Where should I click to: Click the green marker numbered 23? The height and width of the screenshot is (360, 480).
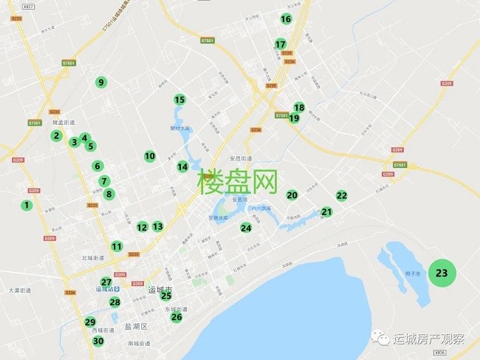click(442, 273)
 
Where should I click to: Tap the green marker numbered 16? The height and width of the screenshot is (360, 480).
click(286, 19)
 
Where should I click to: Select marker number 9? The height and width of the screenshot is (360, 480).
click(101, 82)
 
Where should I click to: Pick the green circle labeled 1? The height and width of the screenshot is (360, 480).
click(27, 205)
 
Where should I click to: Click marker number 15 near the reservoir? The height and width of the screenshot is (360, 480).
click(179, 100)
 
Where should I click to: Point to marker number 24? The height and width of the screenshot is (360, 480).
click(246, 228)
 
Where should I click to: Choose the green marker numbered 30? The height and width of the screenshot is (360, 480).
click(98, 341)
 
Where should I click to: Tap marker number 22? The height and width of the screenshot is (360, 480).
click(341, 196)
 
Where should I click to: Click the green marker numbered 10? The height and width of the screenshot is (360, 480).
click(150, 156)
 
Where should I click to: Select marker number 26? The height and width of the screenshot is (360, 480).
click(176, 317)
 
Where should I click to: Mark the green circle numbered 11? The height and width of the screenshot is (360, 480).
click(117, 246)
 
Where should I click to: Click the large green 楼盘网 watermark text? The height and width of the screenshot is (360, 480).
click(238, 181)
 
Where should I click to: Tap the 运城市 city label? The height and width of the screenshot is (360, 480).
click(160, 289)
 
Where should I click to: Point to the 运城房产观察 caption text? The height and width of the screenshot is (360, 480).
click(429, 340)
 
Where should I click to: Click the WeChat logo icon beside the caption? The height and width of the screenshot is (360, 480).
click(382, 339)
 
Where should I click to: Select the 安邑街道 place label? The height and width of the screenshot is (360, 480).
click(241, 158)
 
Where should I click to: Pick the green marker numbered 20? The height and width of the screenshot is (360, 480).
click(292, 195)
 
